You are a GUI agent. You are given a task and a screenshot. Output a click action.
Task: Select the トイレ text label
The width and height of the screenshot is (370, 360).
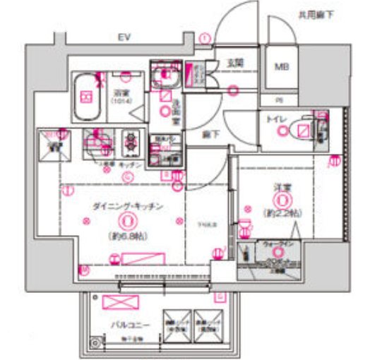pyautogui.click(x=275, y=120)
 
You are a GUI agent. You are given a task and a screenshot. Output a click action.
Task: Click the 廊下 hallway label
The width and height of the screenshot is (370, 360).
pyautogui.click(x=210, y=133)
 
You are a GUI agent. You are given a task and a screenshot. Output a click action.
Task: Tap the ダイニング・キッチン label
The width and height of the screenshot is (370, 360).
pyautogui.click(x=128, y=206)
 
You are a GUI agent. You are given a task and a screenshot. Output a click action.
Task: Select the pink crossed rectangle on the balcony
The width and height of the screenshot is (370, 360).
pyautogui.click(x=117, y=302)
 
